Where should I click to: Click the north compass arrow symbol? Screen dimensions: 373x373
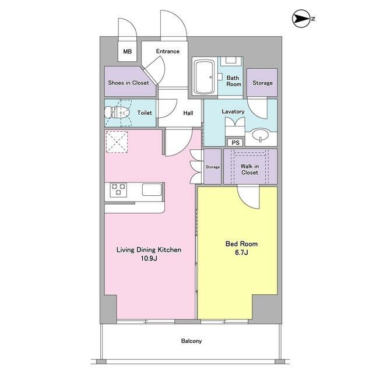pos(301,19)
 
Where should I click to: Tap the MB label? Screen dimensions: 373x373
pos(127,51)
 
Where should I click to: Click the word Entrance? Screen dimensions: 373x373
pos(168,51)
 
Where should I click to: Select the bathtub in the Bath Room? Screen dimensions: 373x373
pos(205,77)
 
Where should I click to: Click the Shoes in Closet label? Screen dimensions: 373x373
pos(128,83)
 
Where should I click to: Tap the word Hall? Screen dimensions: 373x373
pos(188,113)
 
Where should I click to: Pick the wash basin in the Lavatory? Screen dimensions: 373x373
pos(261,135)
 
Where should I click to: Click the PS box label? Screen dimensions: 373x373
pos(235,143)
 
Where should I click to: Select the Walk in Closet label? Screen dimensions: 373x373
pos(250,170)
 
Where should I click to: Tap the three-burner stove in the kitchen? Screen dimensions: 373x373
pos(118,189)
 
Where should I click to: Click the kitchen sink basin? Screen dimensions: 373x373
pos(152,189)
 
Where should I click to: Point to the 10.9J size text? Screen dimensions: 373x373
pos(149,258)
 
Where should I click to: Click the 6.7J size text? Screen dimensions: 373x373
pos(241,252)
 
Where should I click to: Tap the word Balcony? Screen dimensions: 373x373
pos(192,341)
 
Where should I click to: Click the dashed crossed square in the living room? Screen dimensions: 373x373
pos(117,142)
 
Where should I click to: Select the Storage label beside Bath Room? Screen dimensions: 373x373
pos(263,83)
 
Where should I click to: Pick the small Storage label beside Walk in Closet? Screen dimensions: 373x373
pos(213,167)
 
